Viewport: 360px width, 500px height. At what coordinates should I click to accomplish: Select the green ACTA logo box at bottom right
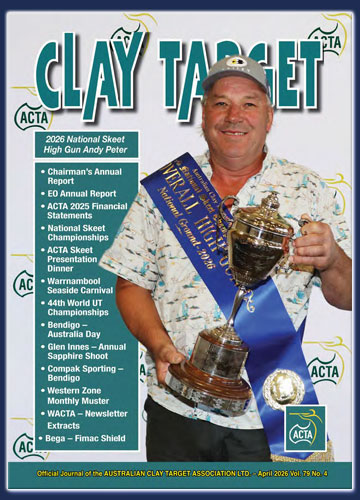[x=304, y=428]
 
